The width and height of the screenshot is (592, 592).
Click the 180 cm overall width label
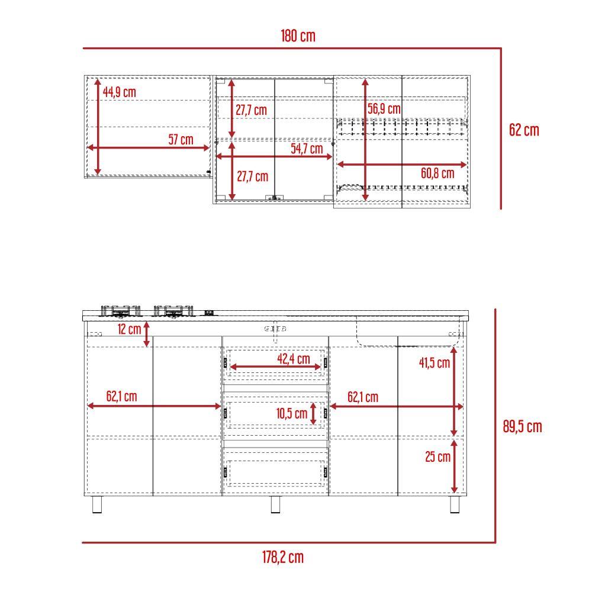(x=298, y=36)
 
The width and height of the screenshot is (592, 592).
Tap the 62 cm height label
(x=524, y=130)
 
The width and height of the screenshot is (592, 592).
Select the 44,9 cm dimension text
(x=120, y=92)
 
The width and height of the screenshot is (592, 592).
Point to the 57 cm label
(x=181, y=139)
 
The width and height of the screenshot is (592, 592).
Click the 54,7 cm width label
(x=307, y=149)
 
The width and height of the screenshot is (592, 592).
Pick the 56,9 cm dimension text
(x=384, y=109)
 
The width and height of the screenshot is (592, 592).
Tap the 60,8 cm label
(x=437, y=173)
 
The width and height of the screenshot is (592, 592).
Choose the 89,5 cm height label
(x=523, y=427)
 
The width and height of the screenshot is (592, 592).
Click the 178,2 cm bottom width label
(x=283, y=557)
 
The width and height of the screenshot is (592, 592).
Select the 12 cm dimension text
(x=129, y=329)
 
